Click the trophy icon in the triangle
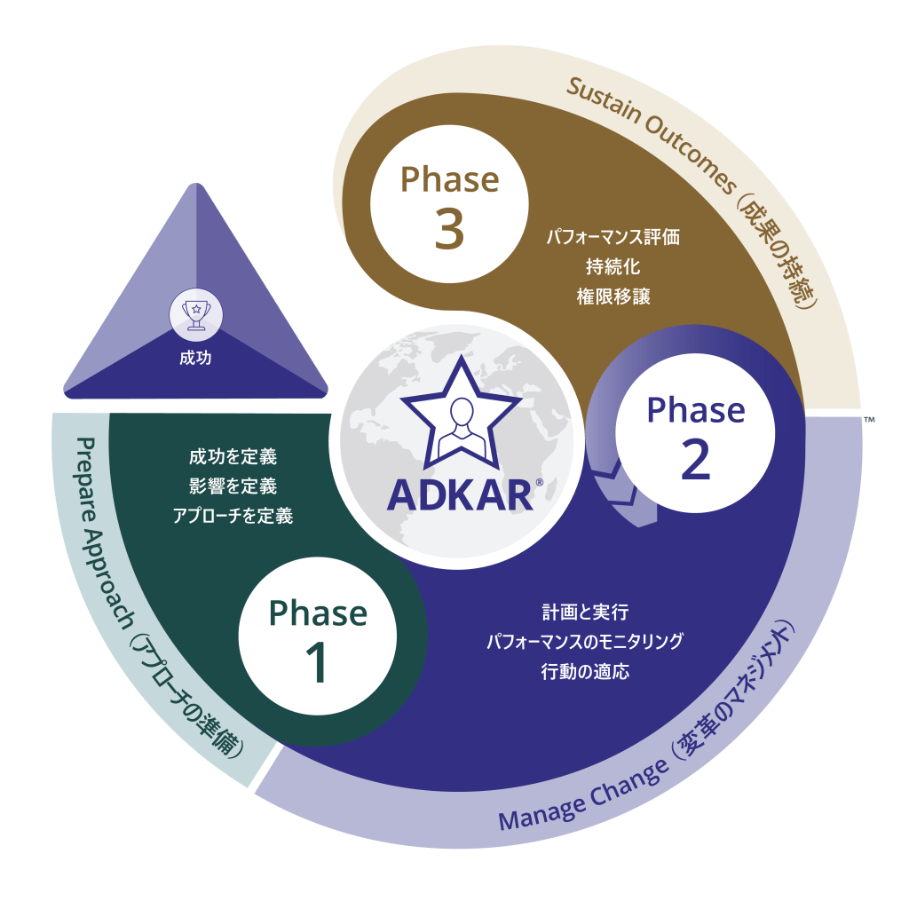[195, 312]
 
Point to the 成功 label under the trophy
[195, 360]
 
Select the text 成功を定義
[233, 457]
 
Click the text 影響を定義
[233, 486]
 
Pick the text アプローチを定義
[233, 515]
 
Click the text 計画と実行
[585, 613]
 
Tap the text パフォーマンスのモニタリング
[585, 642]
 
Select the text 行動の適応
[585, 671]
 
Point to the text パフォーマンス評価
[613, 237]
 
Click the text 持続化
[613, 266]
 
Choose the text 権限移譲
[613, 296]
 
